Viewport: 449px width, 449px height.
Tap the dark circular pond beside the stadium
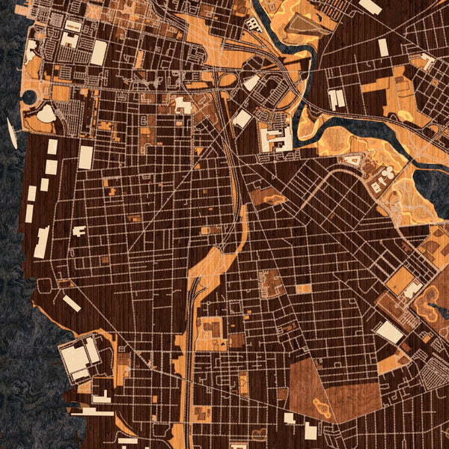pos(28,97)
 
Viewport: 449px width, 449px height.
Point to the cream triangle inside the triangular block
pos(355,160)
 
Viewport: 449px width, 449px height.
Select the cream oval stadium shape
pos(46,114)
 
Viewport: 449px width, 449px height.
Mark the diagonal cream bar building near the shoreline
pos(72,303)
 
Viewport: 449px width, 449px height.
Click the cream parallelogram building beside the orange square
pos(389,332)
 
